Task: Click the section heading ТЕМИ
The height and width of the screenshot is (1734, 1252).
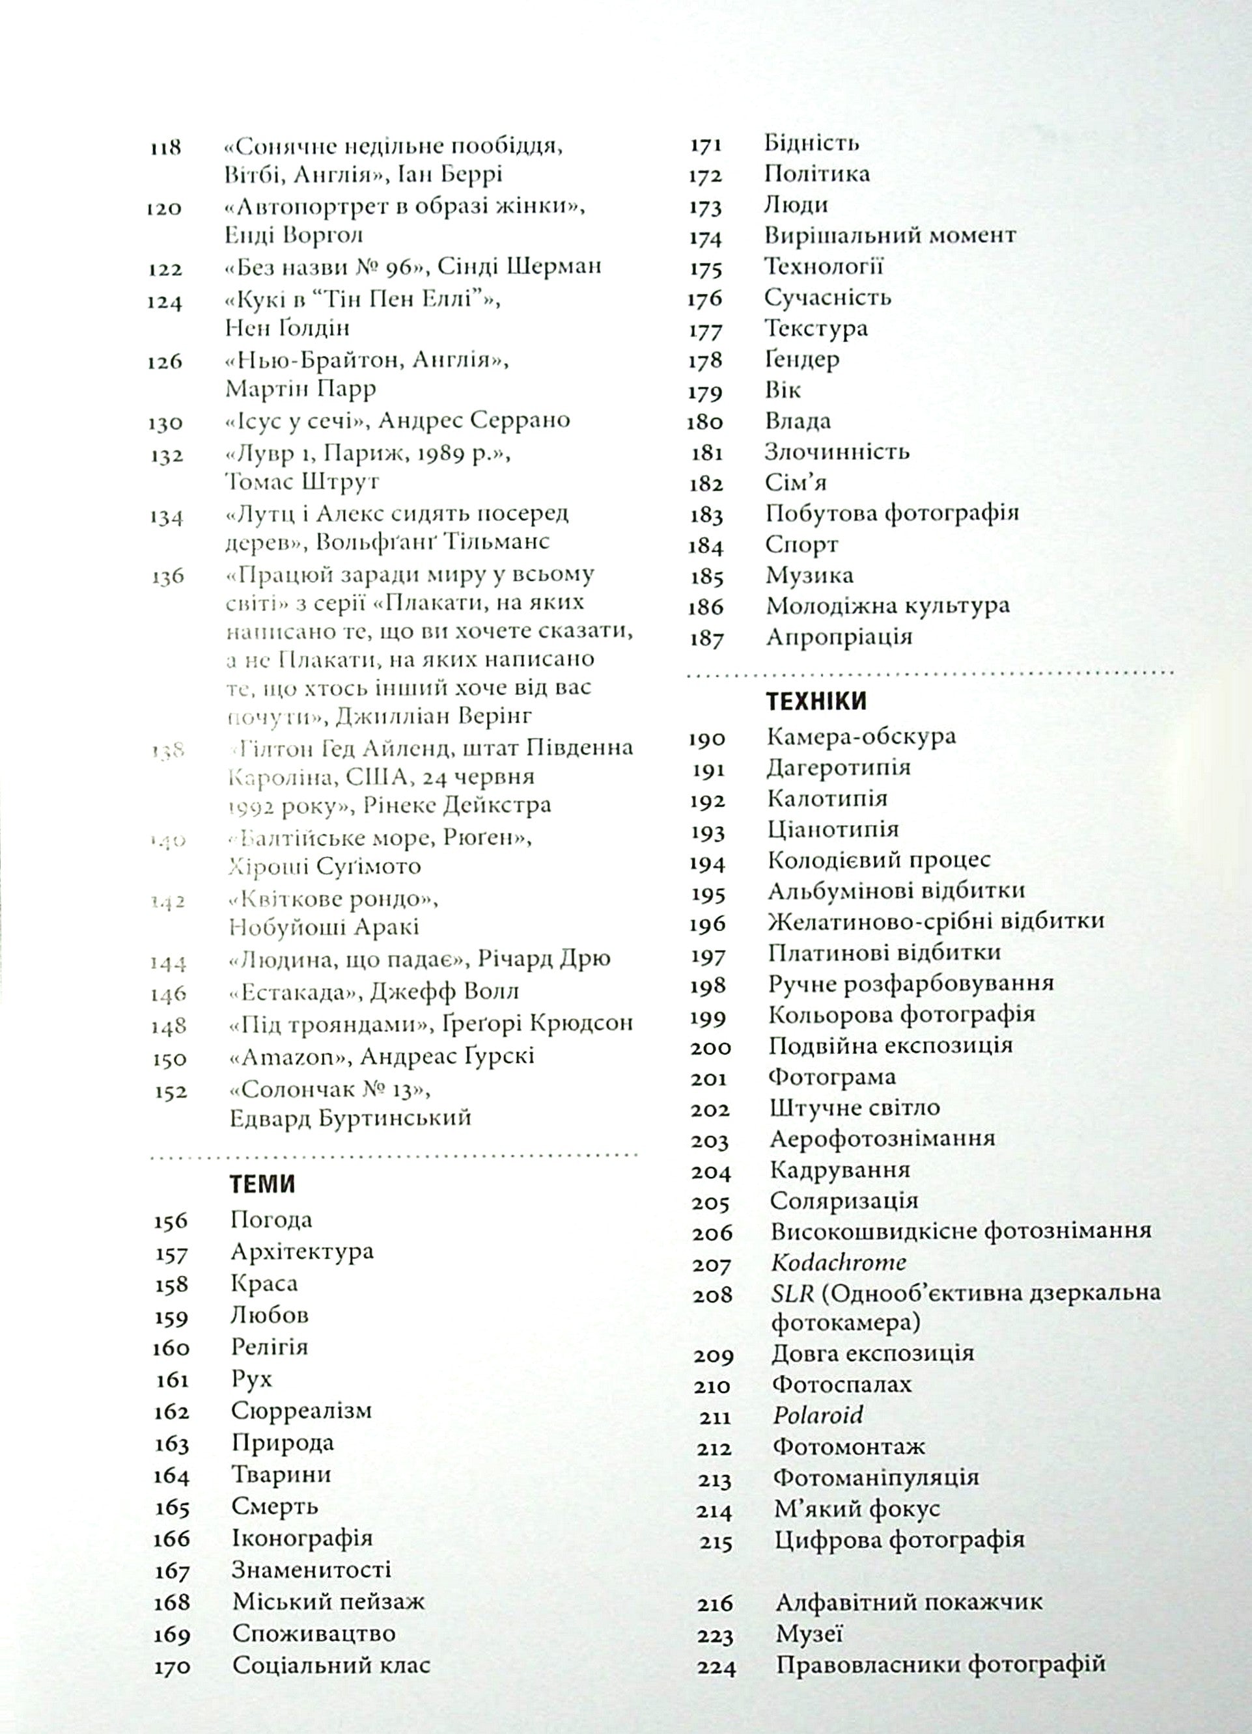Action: coord(262,1184)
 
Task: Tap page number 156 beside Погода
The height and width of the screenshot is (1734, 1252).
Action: coord(170,1221)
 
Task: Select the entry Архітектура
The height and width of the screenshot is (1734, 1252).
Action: coord(302,1252)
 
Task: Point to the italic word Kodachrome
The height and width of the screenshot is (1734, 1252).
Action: coord(838,1262)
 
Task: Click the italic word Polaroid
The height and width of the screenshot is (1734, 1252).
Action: coord(818,1415)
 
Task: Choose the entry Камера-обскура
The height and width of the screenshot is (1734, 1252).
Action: coord(861,737)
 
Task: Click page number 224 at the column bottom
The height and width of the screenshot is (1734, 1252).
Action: coord(716,1667)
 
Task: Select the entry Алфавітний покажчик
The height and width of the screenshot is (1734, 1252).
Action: coord(909,1602)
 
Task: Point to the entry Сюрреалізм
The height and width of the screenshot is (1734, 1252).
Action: coord(301,1411)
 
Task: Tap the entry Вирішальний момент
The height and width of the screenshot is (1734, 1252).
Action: coord(890,235)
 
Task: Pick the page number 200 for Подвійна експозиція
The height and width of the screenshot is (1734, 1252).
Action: coord(710,1048)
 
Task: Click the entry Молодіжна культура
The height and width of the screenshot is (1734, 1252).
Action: coord(887,606)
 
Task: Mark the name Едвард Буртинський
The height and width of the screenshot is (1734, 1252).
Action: coord(350,1118)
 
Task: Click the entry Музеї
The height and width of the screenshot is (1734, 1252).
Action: coord(809,1634)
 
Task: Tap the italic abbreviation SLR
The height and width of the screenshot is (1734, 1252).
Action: coord(792,1293)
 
